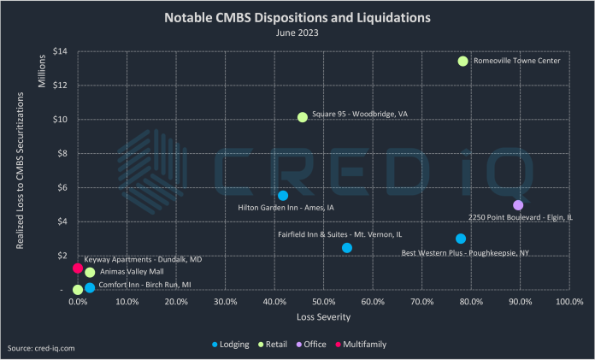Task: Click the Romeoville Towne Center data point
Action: click(x=462, y=61)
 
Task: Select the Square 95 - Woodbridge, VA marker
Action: click(x=302, y=117)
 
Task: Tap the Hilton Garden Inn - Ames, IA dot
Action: click(x=283, y=196)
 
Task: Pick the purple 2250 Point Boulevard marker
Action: click(x=518, y=205)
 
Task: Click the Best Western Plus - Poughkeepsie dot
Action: click(x=461, y=239)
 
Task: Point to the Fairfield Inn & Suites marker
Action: click(x=347, y=248)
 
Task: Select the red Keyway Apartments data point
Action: click(x=78, y=268)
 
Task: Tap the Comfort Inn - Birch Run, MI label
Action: click(x=144, y=284)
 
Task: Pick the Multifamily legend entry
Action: click(x=364, y=345)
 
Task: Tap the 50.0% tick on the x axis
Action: click(x=323, y=302)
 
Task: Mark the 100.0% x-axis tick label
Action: click(x=568, y=302)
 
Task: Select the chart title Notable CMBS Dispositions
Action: click(x=297, y=16)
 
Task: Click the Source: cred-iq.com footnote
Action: click(x=41, y=349)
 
